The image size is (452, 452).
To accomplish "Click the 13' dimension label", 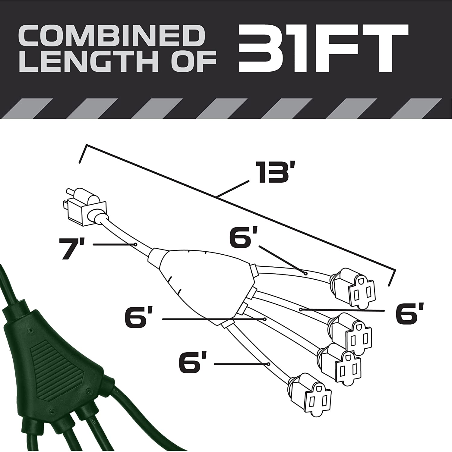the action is [273, 172].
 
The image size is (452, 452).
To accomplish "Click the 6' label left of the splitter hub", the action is [138, 318].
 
